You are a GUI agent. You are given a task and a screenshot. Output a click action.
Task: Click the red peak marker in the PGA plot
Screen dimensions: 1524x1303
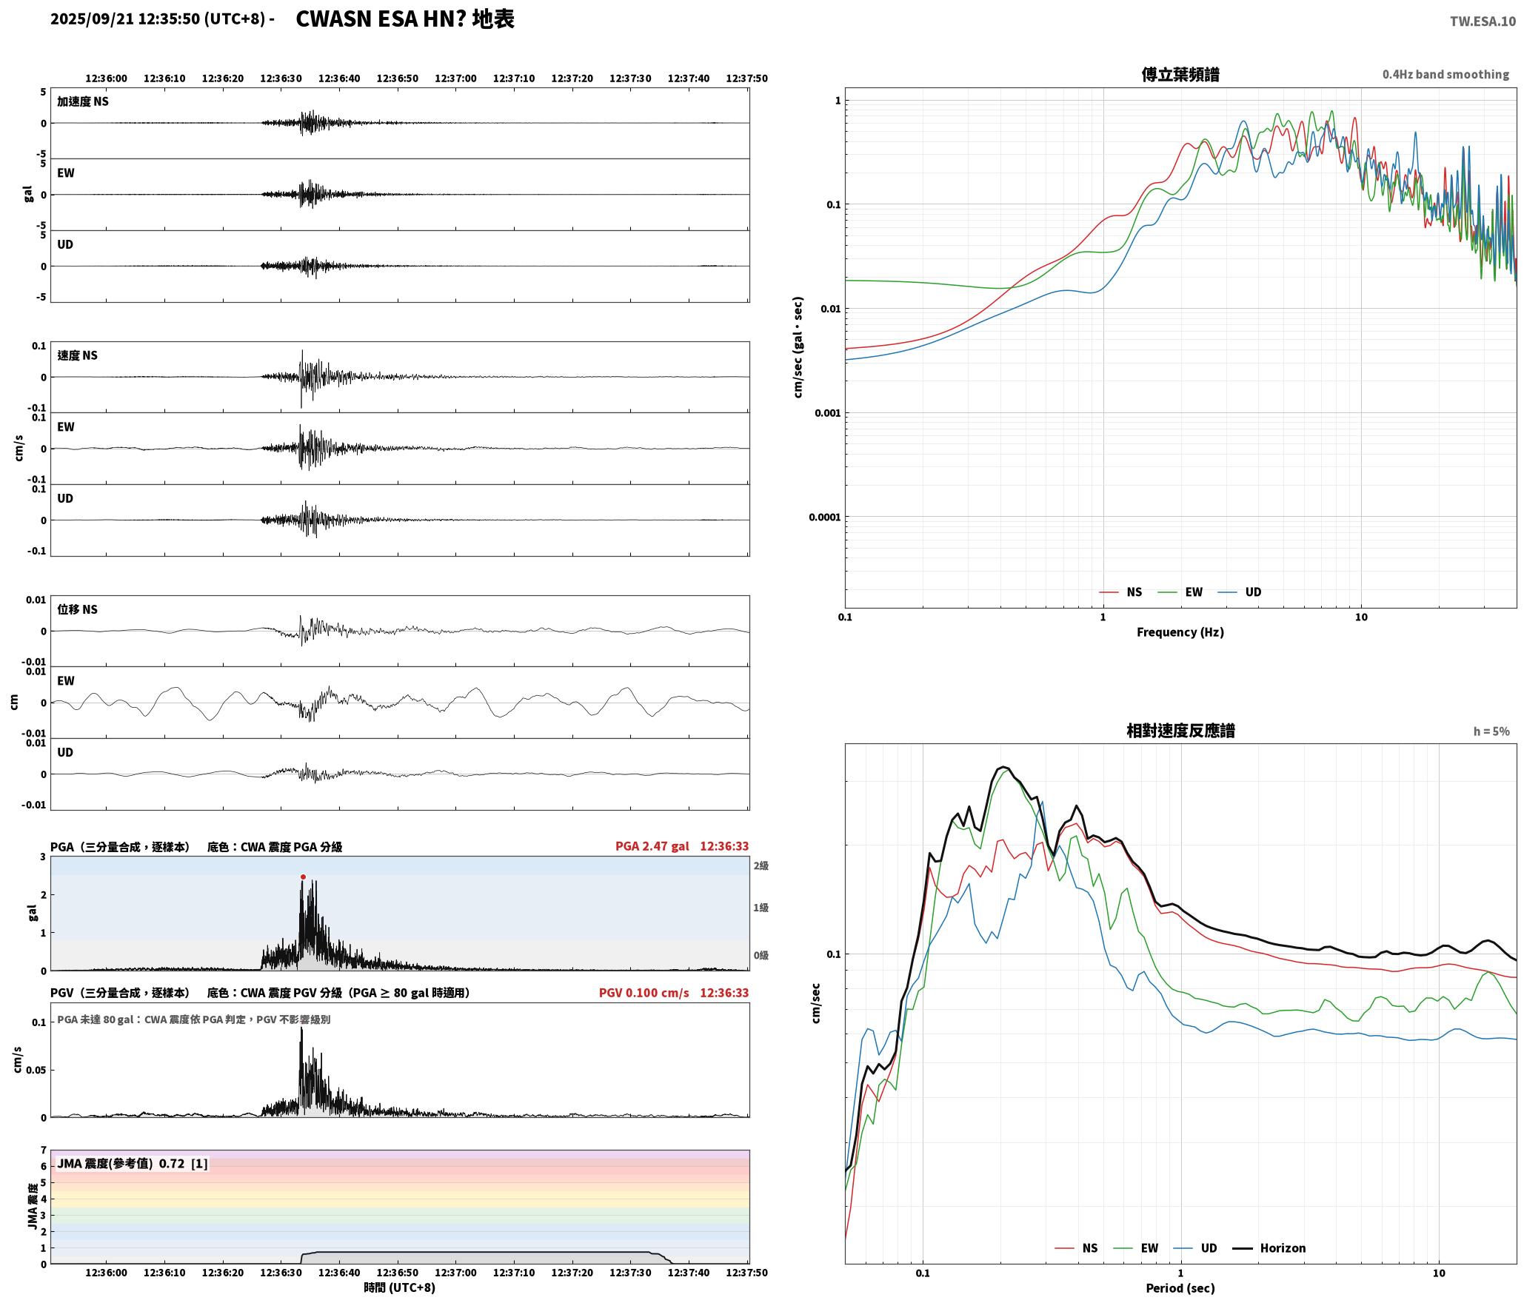tap(303, 877)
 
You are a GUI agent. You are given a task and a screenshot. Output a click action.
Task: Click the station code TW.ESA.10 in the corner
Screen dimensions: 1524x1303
tap(1483, 21)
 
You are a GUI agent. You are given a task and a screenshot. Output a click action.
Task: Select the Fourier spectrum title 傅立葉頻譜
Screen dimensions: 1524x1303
tap(1180, 74)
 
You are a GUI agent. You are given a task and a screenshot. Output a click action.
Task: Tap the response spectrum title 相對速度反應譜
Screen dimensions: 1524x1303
tap(1180, 731)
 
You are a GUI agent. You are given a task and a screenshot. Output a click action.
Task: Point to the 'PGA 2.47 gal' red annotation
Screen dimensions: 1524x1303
tap(652, 846)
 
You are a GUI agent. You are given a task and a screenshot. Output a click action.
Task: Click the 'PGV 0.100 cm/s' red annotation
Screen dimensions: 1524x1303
tap(644, 993)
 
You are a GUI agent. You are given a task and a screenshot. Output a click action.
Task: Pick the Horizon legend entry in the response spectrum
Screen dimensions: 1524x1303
tap(1269, 1248)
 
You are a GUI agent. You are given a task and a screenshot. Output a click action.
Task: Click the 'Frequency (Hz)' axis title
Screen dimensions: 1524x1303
tap(1180, 632)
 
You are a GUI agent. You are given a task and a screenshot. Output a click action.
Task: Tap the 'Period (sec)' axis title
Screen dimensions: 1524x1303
tap(1180, 1288)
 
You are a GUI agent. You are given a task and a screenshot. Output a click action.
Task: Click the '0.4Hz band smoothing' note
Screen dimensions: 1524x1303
tap(1446, 75)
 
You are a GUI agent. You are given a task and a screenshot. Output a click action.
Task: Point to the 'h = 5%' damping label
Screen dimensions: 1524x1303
tap(1491, 731)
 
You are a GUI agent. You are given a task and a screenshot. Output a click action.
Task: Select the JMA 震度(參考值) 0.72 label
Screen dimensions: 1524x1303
tap(133, 1164)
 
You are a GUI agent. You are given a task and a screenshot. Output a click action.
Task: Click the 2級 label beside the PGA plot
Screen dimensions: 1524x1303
tap(761, 865)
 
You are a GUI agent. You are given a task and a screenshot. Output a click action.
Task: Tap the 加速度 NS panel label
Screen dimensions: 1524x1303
tap(83, 101)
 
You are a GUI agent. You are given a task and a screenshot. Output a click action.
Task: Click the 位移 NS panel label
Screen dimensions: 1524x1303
tap(77, 609)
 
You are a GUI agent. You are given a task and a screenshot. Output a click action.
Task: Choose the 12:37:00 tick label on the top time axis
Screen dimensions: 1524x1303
tap(455, 78)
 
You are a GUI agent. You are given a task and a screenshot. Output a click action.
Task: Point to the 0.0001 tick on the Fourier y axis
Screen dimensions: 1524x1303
tap(825, 517)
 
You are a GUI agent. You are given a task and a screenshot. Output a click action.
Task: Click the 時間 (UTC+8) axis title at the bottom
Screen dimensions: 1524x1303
tap(399, 1287)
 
